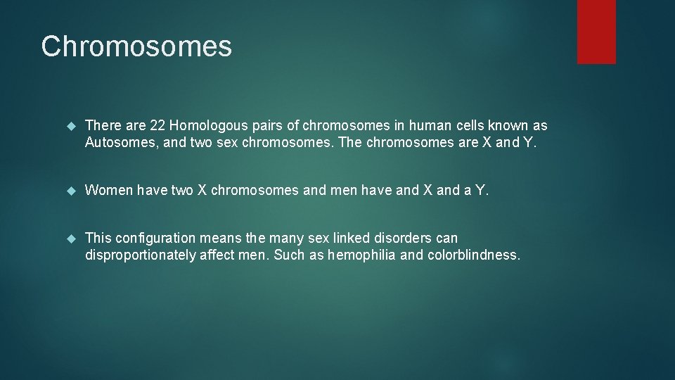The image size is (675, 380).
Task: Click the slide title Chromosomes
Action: pos(136,46)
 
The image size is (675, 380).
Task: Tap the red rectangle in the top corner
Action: pos(596,32)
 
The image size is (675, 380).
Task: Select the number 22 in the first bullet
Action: pos(158,126)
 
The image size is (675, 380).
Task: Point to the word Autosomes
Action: pos(118,143)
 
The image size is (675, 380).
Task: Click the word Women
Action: pos(109,190)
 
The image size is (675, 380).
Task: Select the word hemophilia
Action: pos(361,255)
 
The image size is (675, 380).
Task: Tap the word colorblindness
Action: pos(473,255)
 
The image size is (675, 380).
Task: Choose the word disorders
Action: pos(401,238)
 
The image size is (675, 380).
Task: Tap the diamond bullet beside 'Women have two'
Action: pos(69,191)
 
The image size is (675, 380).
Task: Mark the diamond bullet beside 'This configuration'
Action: pos(69,239)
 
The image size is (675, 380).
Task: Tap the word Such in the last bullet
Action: pos(288,255)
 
